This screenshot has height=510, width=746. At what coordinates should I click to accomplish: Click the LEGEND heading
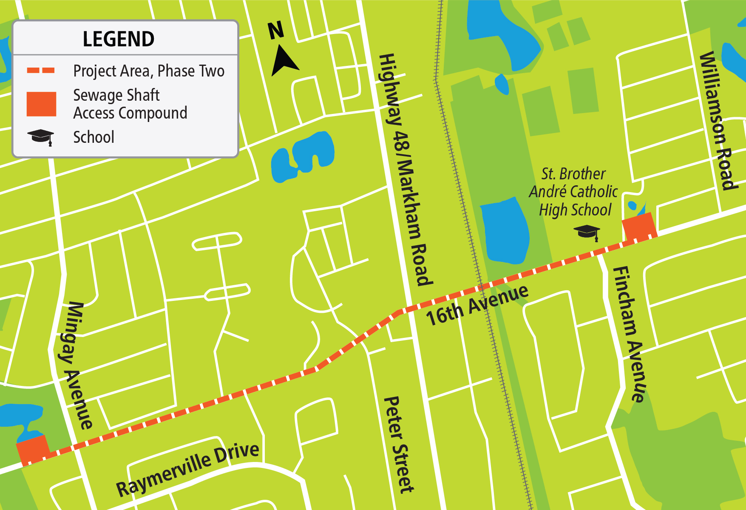tap(118, 39)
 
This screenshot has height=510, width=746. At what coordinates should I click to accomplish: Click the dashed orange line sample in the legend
tap(41, 71)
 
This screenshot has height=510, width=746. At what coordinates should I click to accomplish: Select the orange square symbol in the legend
tap(41, 104)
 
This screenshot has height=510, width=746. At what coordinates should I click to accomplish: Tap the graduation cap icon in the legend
tap(41, 137)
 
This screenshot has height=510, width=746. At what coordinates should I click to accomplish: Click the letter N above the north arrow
tap(275, 31)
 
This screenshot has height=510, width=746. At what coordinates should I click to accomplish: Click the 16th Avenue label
tap(477, 305)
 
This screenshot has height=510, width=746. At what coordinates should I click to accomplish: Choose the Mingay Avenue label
tap(75, 365)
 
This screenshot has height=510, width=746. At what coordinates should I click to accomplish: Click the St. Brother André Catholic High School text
tap(573, 192)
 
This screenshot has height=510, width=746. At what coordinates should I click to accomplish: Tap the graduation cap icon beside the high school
tap(587, 232)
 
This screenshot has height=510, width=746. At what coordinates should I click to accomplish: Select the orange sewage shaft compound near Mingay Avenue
tap(33, 450)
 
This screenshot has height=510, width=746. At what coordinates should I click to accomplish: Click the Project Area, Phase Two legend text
tap(149, 71)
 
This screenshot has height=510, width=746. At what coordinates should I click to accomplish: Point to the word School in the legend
tap(94, 137)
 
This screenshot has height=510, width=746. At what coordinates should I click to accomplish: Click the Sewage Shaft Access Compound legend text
tap(130, 104)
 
